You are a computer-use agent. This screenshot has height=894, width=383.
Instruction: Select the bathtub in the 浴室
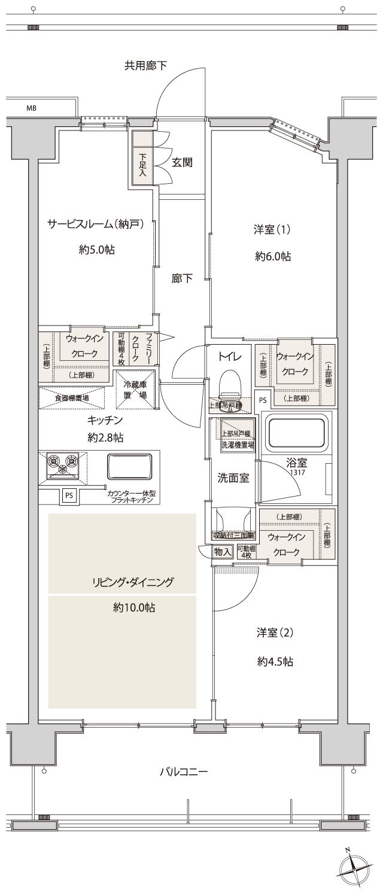coord(297,433)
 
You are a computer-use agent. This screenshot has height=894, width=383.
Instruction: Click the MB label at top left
coord(31,108)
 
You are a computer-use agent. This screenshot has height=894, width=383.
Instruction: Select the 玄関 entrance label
coord(182,162)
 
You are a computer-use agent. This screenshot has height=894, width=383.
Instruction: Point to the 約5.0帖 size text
coord(97,250)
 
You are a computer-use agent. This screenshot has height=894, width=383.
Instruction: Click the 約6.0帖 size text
coord(273,256)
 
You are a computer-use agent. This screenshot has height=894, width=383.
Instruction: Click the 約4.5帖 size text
coord(274,661)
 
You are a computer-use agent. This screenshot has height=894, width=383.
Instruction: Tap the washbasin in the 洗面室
coord(229,518)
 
